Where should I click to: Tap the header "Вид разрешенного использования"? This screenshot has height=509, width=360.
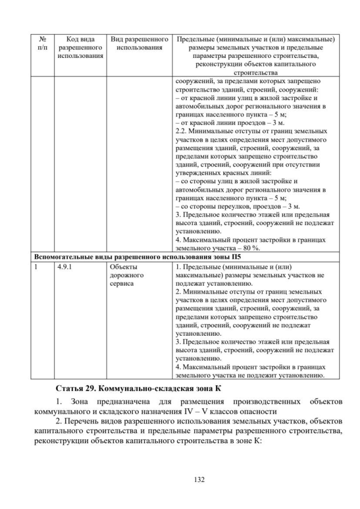139,43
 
